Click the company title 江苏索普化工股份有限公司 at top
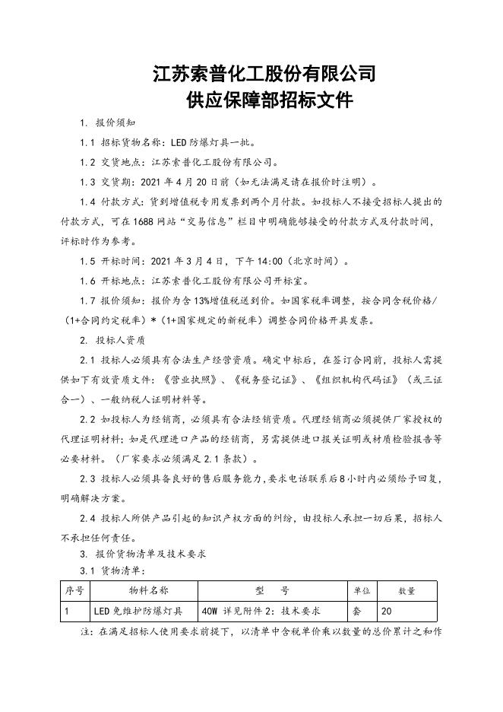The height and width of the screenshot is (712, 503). coord(264,74)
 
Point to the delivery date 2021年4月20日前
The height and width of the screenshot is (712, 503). coord(201,182)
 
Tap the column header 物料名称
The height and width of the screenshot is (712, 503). coord(144,590)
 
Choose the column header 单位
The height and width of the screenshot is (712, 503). coord(362,590)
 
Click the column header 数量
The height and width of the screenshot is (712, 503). coord(407,590)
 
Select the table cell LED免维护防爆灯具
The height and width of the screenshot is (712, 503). coord(138,610)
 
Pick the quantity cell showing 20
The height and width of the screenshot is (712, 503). coord(388,610)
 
